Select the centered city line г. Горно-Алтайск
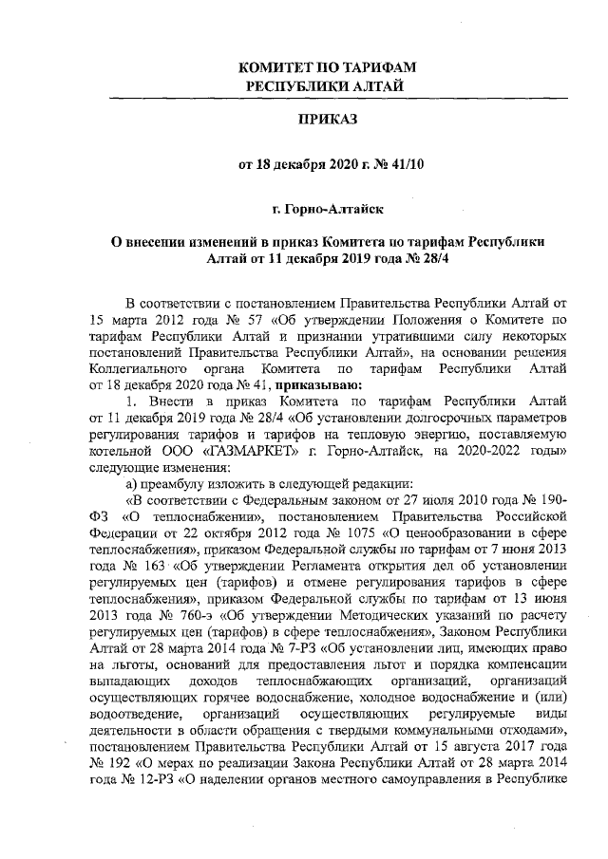[x=328, y=205]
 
